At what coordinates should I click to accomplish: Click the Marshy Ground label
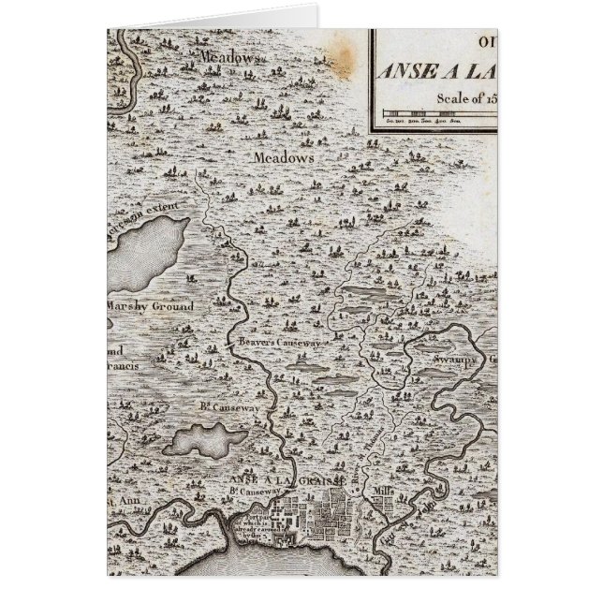click(150, 306)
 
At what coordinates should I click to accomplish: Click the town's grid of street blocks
click(323, 514)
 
